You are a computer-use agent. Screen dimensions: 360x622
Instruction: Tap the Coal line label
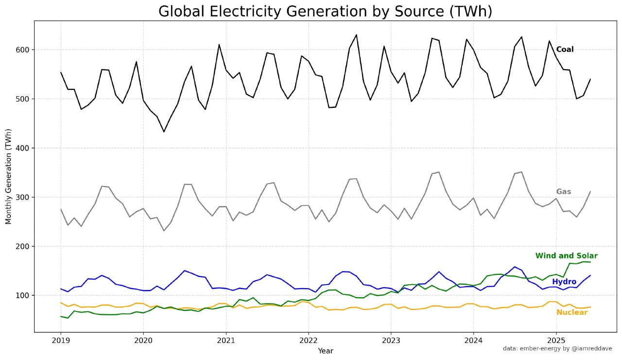point(565,49)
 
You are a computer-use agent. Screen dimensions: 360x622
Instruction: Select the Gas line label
point(563,191)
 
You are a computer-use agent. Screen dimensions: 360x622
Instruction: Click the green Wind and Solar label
point(566,256)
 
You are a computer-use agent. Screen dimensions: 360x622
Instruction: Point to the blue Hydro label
point(564,282)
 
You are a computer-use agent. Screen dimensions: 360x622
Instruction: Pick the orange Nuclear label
point(571,312)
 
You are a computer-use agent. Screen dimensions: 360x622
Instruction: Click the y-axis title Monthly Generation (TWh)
point(8,176)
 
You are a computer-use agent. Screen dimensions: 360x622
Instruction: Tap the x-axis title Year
point(325,350)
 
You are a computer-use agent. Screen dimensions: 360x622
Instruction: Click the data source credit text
point(557,348)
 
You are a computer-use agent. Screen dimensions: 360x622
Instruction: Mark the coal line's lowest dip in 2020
point(164,132)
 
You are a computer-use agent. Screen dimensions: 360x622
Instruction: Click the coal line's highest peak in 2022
point(356,35)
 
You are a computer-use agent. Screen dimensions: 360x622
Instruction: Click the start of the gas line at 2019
point(61,209)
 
